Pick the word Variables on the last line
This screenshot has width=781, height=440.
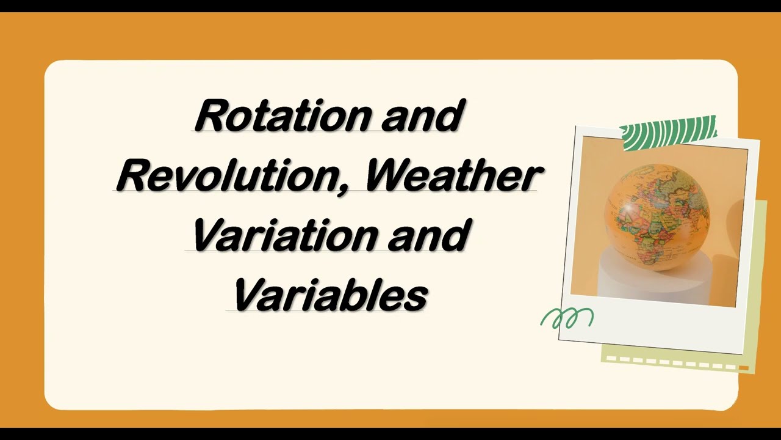pyautogui.click(x=329, y=295)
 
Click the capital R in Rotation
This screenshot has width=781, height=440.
pyautogui.click(x=211, y=116)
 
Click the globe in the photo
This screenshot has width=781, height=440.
pyautogui.click(x=657, y=217)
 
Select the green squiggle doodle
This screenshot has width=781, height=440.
pyautogui.click(x=567, y=318)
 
